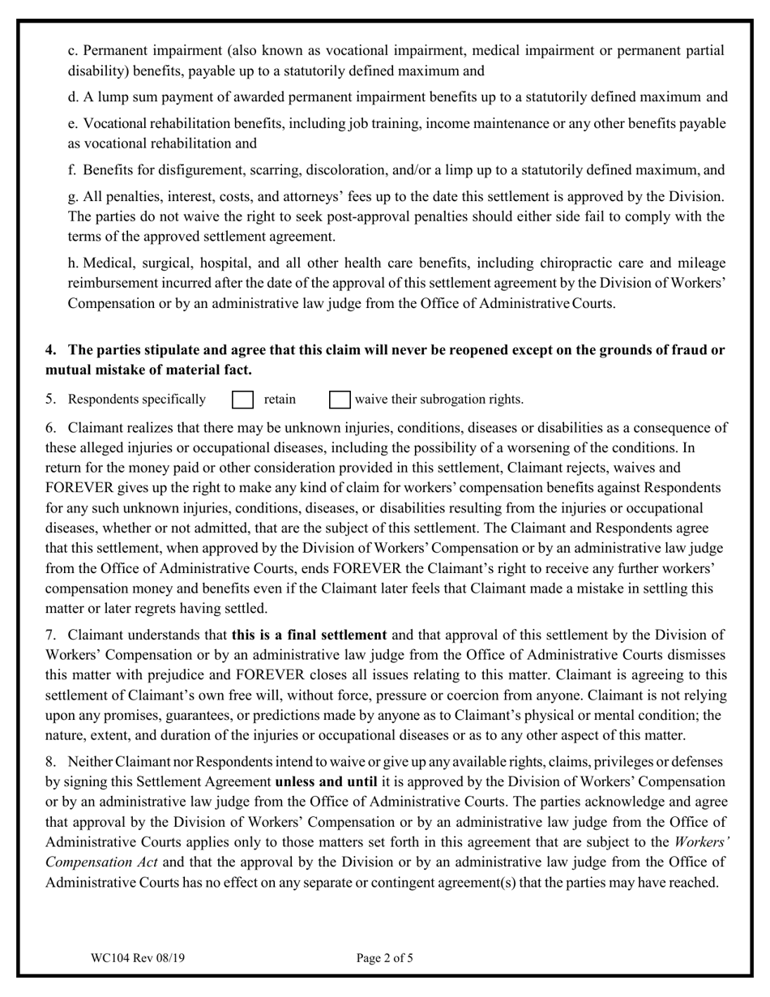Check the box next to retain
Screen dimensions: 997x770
click(243, 400)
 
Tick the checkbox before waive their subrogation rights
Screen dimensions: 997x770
click(340, 400)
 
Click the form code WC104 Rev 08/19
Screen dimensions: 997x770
click(138, 958)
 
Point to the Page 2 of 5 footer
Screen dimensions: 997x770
click(385, 958)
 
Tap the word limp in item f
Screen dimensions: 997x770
click(478, 170)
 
